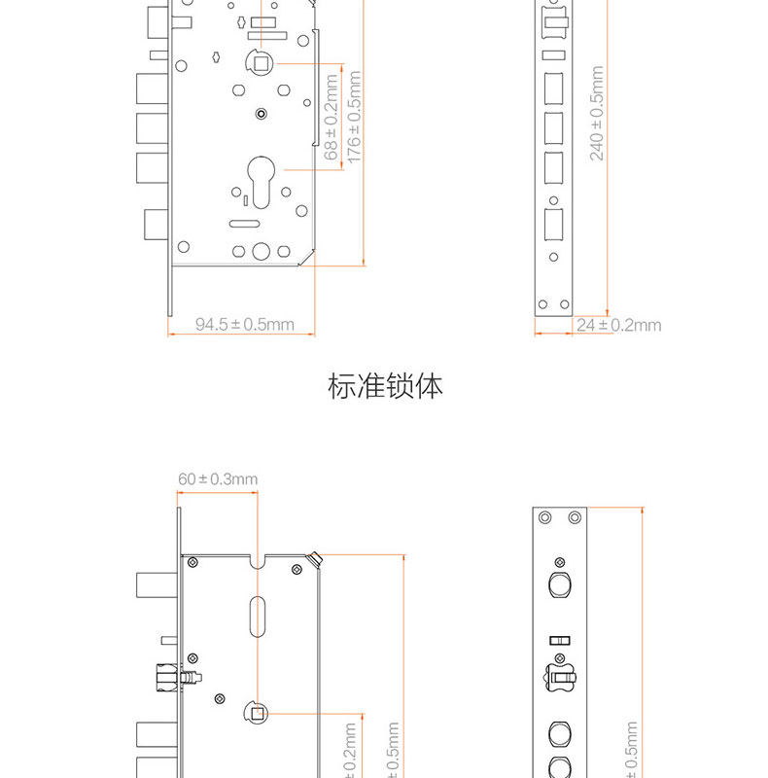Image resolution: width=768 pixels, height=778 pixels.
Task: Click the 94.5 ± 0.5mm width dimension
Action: coord(244,325)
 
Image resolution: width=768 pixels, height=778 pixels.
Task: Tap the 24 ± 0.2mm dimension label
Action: coord(618,325)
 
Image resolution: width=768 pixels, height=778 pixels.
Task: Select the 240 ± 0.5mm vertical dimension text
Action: coord(597,113)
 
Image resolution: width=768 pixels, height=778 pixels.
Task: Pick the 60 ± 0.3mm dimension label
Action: coord(218,478)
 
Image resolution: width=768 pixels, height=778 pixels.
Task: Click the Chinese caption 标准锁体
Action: coord(385,386)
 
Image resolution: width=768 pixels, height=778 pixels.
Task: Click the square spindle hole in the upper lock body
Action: coord(262,63)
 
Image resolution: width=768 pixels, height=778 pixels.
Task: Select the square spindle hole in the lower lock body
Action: coord(258,713)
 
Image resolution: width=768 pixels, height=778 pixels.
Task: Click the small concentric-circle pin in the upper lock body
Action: coord(260,114)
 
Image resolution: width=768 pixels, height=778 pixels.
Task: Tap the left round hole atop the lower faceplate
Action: coord(545,516)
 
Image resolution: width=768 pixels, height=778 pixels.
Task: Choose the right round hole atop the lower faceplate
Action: coord(575,516)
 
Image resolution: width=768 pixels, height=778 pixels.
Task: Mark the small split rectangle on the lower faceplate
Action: coord(559,639)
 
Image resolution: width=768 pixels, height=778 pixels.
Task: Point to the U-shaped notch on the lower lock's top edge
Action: coord(258,562)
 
